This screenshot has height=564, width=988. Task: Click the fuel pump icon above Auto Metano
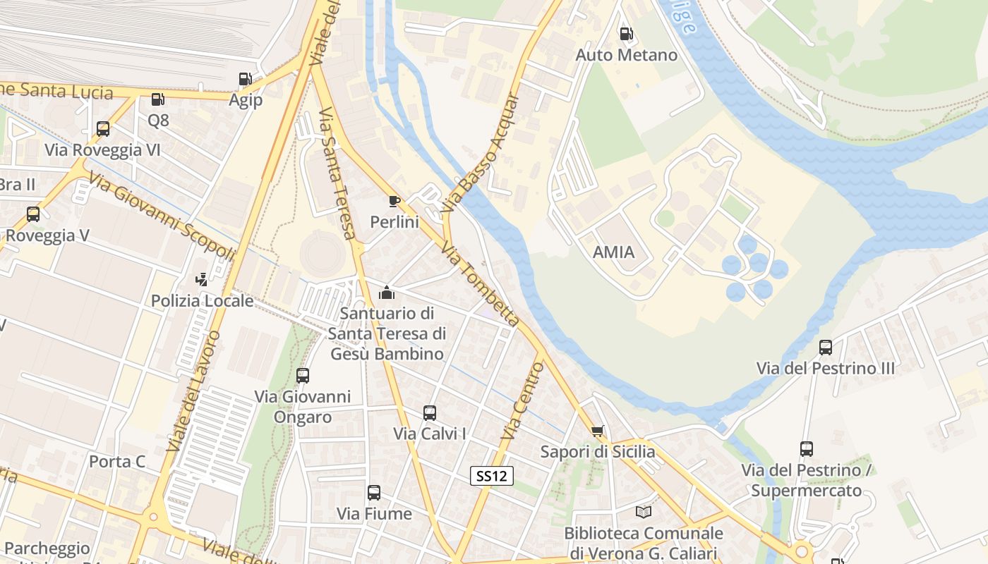[x=625, y=34]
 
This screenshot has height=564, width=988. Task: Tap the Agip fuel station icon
[x=245, y=79]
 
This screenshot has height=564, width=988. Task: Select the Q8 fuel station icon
[x=158, y=99]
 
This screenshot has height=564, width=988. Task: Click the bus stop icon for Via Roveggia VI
[x=103, y=129]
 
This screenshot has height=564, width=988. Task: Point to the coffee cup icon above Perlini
[x=394, y=202]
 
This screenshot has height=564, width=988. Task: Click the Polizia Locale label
[x=202, y=301]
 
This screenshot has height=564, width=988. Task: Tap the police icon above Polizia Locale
[x=202, y=279]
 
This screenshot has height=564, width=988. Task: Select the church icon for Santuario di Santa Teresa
[x=387, y=292]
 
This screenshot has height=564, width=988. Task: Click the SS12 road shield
[x=491, y=476]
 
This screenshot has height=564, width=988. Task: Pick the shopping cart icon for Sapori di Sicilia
[x=598, y=431]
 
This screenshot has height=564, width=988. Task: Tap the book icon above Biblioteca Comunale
[x=644, y=512]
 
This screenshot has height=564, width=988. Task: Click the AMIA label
[x=613, y=252]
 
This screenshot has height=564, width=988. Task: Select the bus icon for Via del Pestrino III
[x=826, y=347]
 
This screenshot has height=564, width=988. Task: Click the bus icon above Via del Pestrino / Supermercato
[x=807, y=448]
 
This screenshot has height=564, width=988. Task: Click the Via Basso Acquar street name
[x=481, y=153]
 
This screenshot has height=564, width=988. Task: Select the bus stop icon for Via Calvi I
[x=430, y=412]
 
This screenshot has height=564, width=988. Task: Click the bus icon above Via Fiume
[x=374, y=493]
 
